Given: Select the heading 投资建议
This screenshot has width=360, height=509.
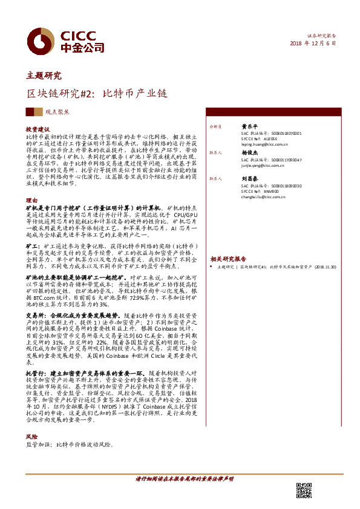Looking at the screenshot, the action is point(37,130).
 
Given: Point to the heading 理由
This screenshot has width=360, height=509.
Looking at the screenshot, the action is point(31,199).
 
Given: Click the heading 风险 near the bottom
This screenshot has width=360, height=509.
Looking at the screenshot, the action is point(31,436).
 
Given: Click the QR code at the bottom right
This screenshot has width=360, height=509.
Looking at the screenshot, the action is point(303,490).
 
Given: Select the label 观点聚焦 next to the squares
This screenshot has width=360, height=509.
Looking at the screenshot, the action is point(57,112).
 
